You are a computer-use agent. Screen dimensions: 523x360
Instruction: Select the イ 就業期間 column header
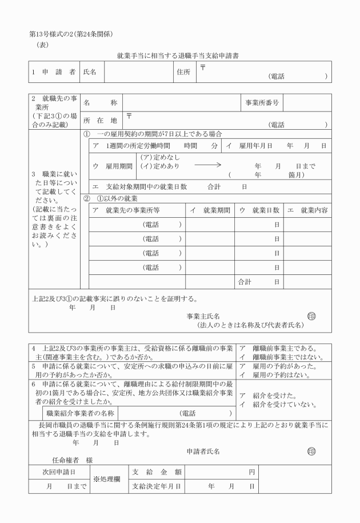click(209, 210)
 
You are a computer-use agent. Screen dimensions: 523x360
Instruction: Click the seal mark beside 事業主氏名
click(311, 316)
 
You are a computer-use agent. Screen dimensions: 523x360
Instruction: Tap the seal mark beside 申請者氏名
click(311, 451)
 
